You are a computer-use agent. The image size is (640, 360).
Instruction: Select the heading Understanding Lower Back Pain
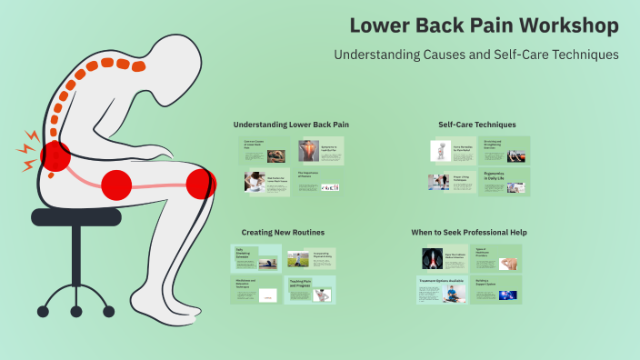(291, 124)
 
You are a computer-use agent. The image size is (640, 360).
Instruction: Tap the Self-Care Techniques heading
(476, 124)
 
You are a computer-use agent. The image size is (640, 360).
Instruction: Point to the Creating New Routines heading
(283, 232)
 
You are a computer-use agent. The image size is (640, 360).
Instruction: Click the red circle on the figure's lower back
(55, 155)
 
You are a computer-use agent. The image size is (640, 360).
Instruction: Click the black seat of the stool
(76, 216)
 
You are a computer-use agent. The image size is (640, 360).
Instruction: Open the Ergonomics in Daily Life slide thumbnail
(501, 181)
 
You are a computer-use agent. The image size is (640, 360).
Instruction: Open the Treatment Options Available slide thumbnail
(443, 289)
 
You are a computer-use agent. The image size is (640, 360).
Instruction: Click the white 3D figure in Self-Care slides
(440, 151)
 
